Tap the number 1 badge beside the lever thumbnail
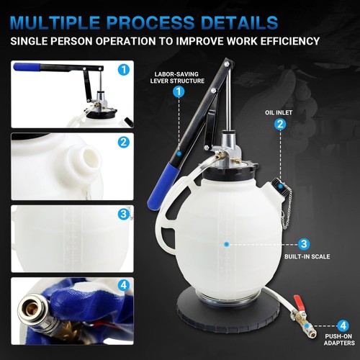pos(124,70)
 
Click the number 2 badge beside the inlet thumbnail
pos(124,142)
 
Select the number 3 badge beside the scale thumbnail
pos(124,214)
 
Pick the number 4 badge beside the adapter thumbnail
pos(124,286)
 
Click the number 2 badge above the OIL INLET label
pos(280,124)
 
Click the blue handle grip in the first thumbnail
pos(27,67)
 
